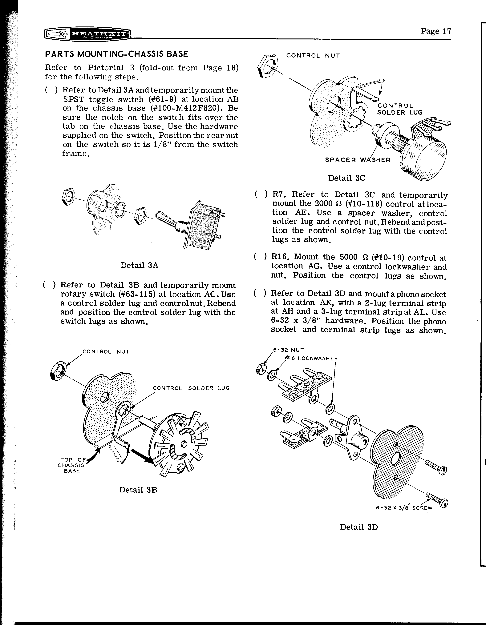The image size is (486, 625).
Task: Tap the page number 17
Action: click(436, 31)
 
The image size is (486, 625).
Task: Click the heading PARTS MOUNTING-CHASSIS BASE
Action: click(117, 54)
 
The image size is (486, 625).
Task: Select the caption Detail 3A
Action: click(139, 265)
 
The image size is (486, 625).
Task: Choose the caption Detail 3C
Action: click(346, 178)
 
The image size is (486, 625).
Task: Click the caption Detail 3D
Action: click(359, 527)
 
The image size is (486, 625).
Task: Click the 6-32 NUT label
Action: click(288, 350)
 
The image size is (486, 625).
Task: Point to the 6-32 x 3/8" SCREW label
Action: click(404, 508)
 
